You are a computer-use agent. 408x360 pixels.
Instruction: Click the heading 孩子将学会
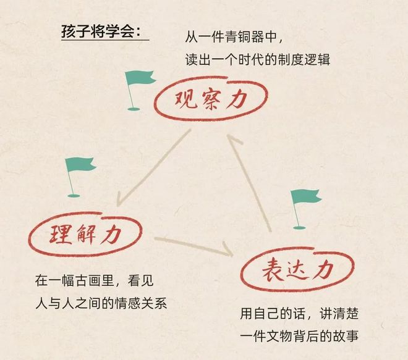101,31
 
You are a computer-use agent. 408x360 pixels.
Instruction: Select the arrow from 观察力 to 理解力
153,168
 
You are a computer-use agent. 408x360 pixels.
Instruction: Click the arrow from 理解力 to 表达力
194,246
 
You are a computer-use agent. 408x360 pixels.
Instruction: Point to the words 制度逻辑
304,60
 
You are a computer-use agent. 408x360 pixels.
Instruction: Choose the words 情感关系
140,303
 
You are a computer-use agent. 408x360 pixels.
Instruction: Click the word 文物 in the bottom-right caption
279,337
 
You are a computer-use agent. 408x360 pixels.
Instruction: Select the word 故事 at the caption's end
346,337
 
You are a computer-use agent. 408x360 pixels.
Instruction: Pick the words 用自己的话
273,314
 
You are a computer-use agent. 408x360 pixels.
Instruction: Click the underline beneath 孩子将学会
105,40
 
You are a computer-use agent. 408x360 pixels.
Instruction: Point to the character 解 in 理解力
85,235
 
